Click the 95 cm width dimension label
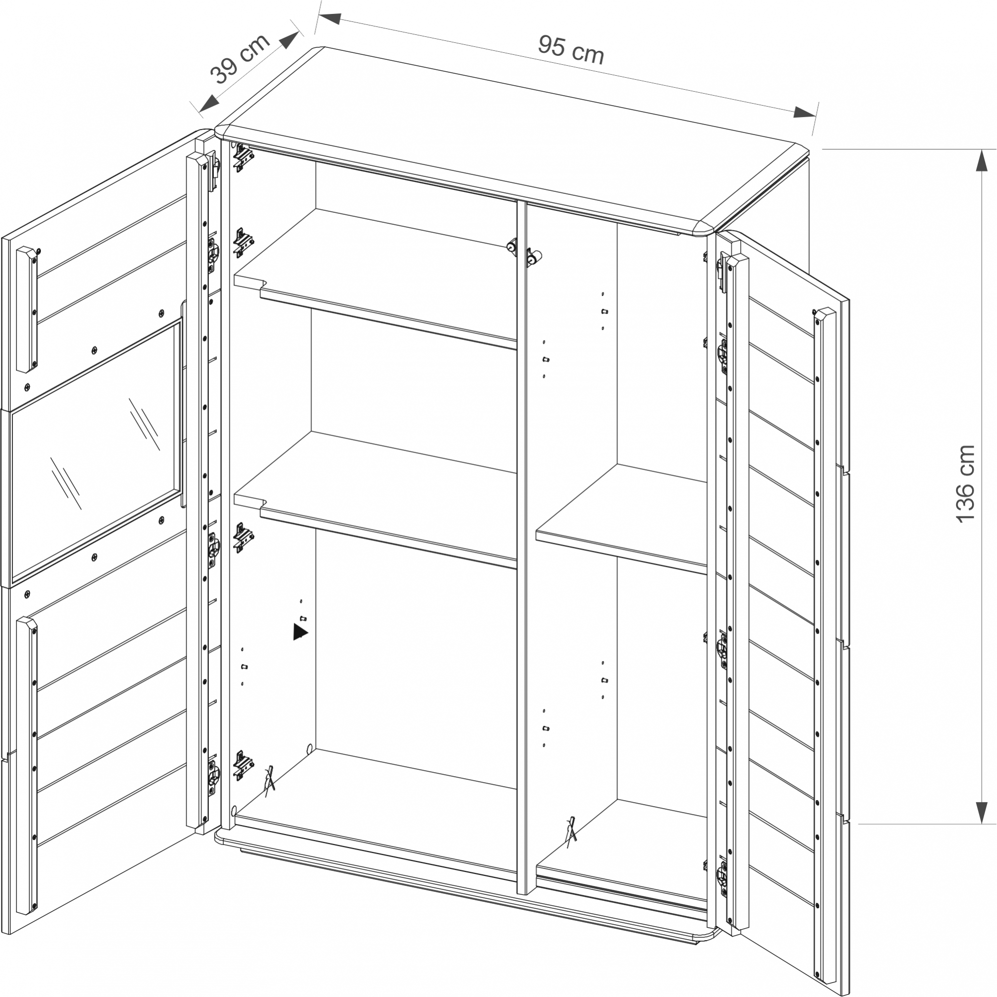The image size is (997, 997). (x=570, y=50)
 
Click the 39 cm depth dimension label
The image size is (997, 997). (x=240, y=58)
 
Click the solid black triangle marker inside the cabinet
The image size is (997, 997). (x=300, y=632)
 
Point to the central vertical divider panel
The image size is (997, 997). (x=521, y=521)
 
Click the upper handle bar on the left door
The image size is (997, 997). (x=27, y=309)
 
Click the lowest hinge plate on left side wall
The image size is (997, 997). (x=243, y=765)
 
